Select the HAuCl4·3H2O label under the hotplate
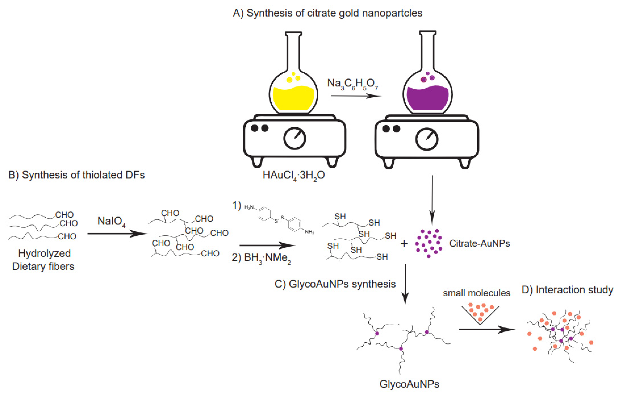(x=294, y=175)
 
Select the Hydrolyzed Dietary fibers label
(x=44, y=260)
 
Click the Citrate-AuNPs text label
(x=479, y=243)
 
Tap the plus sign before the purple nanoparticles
(x=404, y=244)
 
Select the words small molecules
(x=476, y=293)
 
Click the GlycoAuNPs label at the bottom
(x=409, y=384)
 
